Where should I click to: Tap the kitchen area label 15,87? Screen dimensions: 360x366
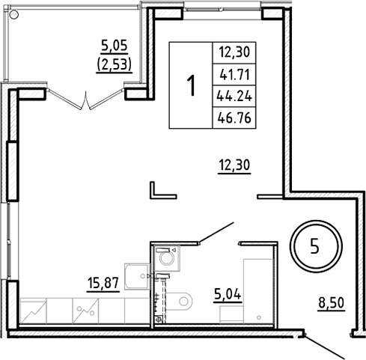(x=103, y=285)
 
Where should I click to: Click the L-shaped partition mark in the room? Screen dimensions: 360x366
(x=158, y=190)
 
